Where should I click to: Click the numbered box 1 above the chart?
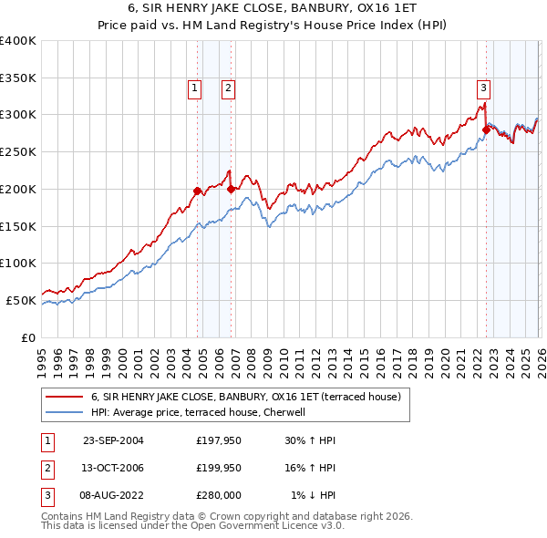195,88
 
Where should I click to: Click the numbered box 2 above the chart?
228,88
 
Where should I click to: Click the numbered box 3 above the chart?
483,88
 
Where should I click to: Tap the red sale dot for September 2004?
197,191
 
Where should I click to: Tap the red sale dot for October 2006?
231,190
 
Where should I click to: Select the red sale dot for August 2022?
486,129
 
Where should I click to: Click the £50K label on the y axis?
20,300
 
